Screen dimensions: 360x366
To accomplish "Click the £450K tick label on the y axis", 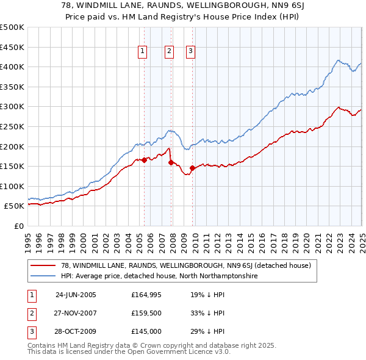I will (x=13, y=47).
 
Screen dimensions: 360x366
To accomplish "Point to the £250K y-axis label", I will (x=13, y=126).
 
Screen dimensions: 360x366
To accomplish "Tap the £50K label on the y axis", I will (x=15, y=206).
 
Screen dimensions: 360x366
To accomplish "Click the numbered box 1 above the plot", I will (x=142, y=52).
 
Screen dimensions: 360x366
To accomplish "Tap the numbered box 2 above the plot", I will (x=169, y=52).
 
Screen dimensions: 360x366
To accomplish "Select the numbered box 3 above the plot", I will (x=190, y=52).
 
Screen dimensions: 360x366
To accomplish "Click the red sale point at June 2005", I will (x=145, y=160).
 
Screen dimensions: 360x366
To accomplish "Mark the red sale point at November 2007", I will (x=171, y=162).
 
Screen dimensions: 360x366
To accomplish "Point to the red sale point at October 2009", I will (x=193, y=168).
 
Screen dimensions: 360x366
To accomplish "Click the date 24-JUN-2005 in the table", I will (x=76, y=295).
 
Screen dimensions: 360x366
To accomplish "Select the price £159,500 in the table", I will (x=146, y=313).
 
